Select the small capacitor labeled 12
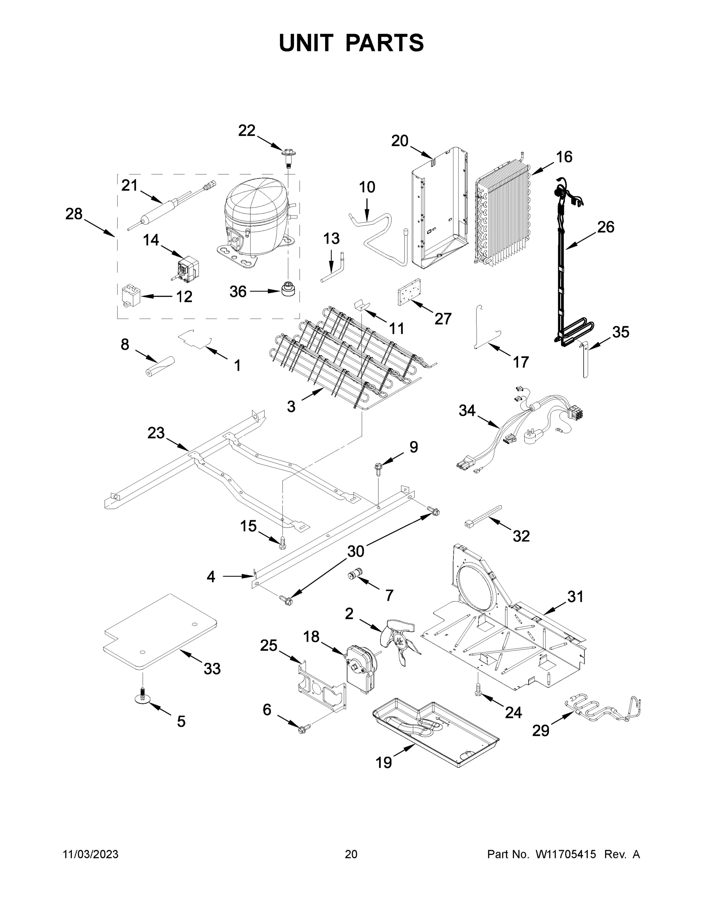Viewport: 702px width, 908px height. coord(130,295)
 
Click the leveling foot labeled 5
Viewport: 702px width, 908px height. coord(143,700)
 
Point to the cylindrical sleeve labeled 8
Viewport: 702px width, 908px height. coord(160,366)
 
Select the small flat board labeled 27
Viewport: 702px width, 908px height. coord(409,292)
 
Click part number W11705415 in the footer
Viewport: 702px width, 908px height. coord(566,854)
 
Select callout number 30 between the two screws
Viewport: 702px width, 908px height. coord(356,551)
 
